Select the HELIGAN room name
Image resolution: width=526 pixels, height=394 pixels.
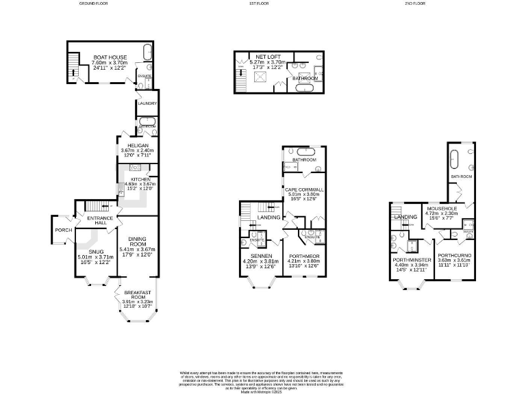click(131, 145)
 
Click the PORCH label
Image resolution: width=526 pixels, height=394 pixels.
click(64, 230)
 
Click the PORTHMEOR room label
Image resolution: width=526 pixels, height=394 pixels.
click(303, 256)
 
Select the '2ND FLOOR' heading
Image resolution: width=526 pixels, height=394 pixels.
click(415, 3)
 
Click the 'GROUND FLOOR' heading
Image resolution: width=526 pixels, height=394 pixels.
click(95, 3)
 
